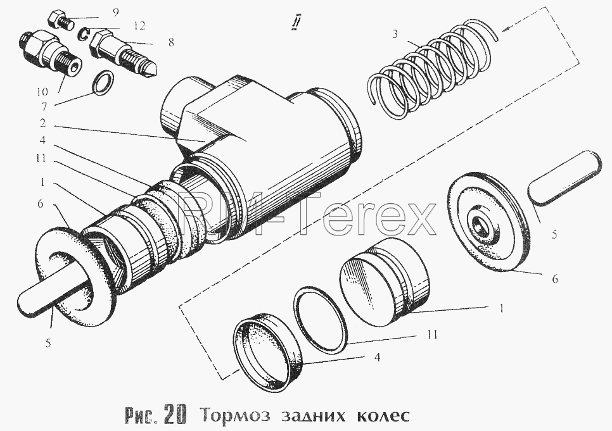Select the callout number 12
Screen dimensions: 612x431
coord(139,26)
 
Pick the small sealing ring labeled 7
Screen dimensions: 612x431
coord(103,83)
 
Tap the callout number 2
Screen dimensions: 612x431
coord(42,123)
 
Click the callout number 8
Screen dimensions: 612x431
coord(171,42)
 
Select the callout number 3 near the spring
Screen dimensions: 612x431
coord(395,34)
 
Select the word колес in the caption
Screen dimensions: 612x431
coord(383,415)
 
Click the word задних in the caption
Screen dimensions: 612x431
coord(314,416)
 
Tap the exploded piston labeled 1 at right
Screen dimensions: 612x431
coord(385,282)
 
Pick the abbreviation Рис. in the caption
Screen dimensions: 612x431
coord(143,416)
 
